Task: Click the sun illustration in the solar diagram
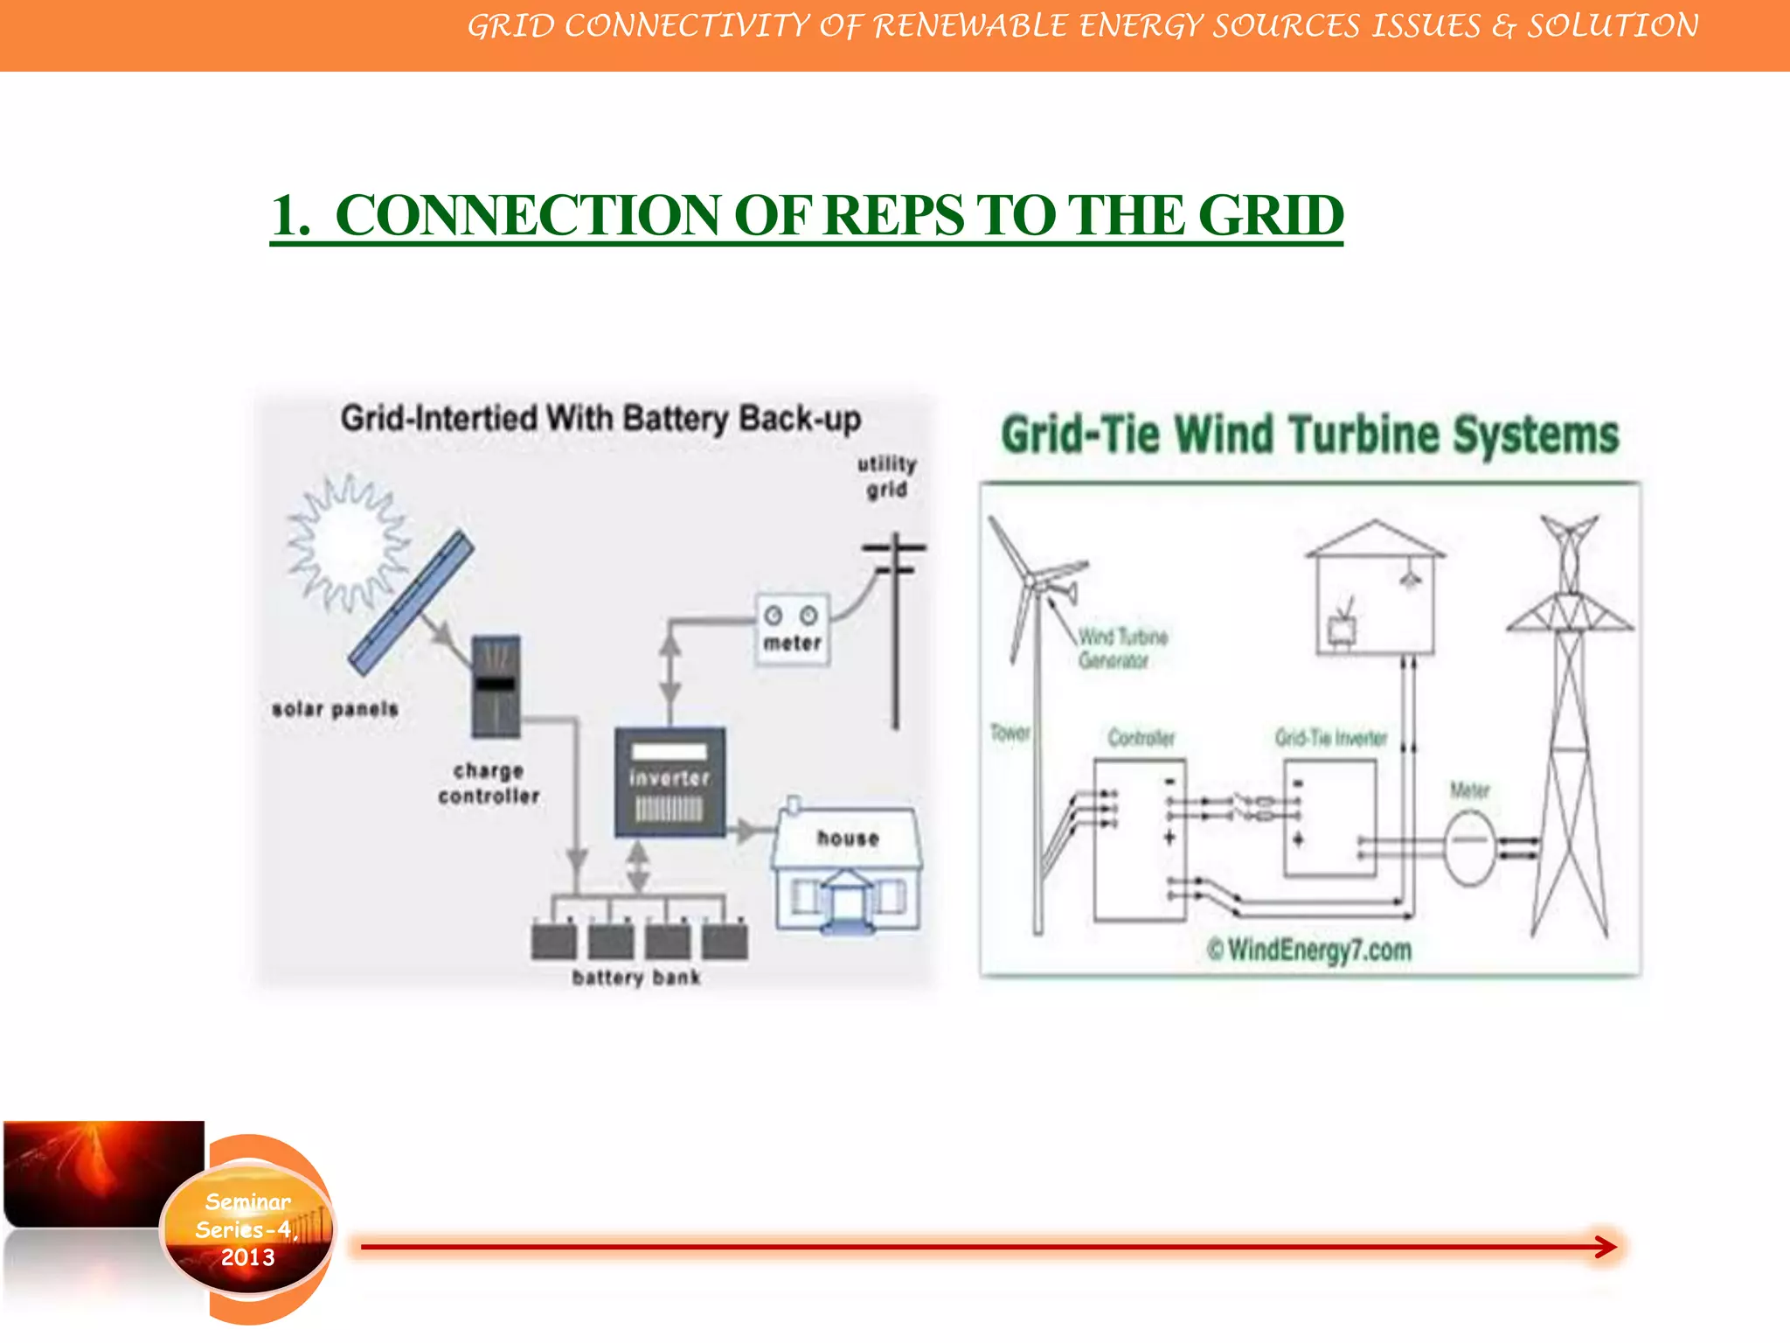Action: click(x=347, y=544)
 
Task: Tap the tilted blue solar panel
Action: click(x=411, y=604)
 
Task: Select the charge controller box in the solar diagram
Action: click(x=496, y=686)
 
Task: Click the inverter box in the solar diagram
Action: click(x=670, y=782)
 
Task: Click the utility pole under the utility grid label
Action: click(x=895, y=638)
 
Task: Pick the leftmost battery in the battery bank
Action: click(x=554, y=940)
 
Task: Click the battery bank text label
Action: click(x=636, y=978)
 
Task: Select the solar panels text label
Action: click(x=335, y=709)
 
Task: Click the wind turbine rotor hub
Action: click(x=1033, y=581)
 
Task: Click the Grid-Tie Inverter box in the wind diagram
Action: click(x=1329, y=818)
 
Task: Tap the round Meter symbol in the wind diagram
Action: click(x=1470, y=845)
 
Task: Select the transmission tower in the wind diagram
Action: click(x=1570, y=726)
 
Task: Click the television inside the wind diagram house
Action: click(x=1342, y=628)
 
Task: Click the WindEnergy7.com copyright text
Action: click(x=1309, y=950)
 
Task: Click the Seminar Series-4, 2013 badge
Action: click(x=247, y=1229)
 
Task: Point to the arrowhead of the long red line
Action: click(x=1605, y=1247)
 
